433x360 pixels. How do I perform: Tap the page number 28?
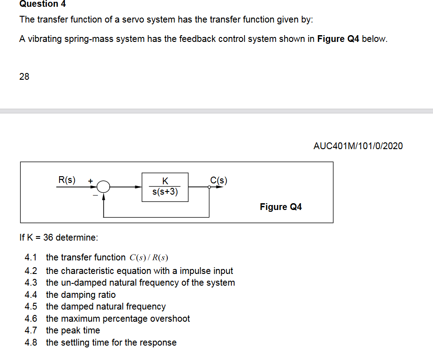tap(24, 77)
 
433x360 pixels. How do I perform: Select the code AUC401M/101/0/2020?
tap(358, 146)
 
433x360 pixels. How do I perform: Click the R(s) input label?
tap(67, 180)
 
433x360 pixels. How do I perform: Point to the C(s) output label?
tap(219, 181)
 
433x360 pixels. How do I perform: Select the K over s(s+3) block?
tap(165, 187)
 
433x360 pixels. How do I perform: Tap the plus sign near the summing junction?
tap(90, 181)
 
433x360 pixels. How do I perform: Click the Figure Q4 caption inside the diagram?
tap(281, 207)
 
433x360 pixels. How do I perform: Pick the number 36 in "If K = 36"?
tap(48, 237)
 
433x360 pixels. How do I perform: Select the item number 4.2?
tap(31, 271)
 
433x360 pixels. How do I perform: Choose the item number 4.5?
tap(31, 306)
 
